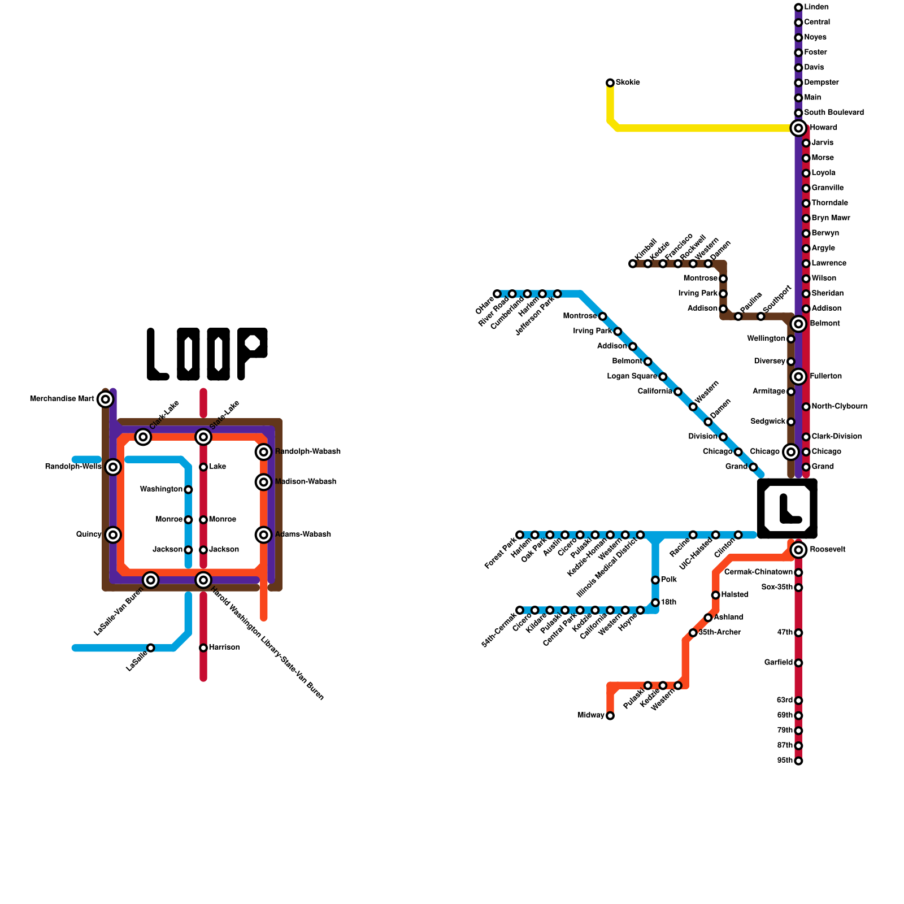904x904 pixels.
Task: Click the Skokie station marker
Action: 610,83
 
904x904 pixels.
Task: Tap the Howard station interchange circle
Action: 798,128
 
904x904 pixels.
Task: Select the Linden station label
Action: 816,7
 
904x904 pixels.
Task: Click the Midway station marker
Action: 610,716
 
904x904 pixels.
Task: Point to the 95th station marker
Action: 798,761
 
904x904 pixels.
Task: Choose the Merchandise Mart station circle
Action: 105,399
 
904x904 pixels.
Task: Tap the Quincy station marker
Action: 113,534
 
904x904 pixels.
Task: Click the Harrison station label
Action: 224,647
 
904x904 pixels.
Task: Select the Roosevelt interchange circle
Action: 798,550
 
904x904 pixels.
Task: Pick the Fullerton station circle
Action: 798,376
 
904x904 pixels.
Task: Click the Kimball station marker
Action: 633,264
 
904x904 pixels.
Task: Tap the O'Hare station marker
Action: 497,294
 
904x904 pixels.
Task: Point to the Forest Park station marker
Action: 520,535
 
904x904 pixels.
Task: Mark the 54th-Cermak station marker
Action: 520,610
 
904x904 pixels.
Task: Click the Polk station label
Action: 669,580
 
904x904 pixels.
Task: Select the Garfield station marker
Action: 798,663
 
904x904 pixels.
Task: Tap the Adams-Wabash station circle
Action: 264,534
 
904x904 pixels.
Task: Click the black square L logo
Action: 787,508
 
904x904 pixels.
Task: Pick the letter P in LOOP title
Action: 252,354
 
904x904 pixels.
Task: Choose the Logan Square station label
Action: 632,376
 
